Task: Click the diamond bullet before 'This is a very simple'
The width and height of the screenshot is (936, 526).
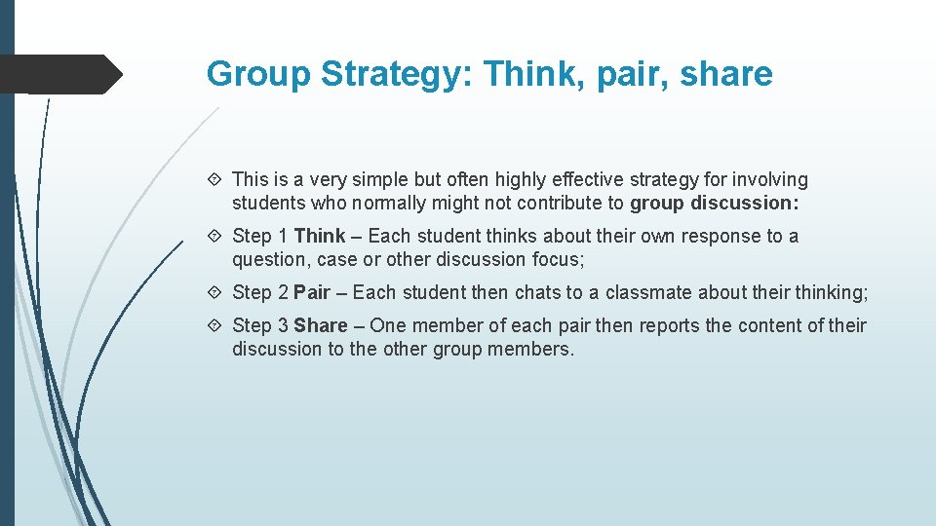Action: [x=216, y=179]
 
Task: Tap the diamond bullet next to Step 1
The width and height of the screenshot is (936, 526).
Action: [x=216, y=236]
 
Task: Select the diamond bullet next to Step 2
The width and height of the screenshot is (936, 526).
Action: [x=216, y=292]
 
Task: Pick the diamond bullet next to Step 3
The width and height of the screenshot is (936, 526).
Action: [x=216, y=325]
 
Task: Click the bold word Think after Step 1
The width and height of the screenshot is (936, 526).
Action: [x=320, y=236]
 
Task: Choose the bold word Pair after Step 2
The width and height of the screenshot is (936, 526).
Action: [x=312, y=292]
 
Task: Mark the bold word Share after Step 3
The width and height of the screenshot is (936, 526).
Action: [x=321, y=325]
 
